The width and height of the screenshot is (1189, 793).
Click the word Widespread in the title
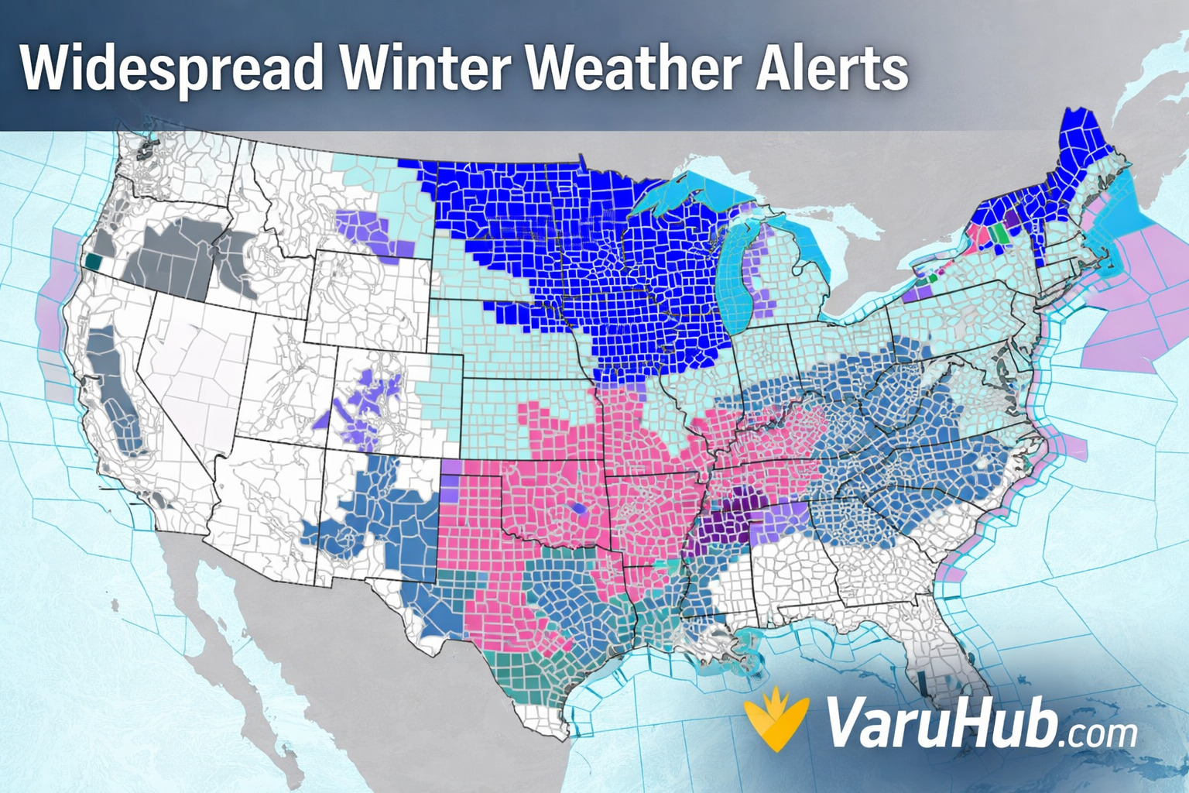171,68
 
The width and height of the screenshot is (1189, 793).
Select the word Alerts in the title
831,68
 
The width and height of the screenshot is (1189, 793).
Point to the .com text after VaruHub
1098,732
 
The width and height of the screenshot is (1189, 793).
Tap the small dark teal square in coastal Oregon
94,262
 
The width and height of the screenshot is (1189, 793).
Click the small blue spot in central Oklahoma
576,509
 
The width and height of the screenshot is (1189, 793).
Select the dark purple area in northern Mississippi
720,530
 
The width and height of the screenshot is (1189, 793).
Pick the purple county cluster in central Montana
364,228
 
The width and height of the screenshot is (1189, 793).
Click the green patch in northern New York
1002,232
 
